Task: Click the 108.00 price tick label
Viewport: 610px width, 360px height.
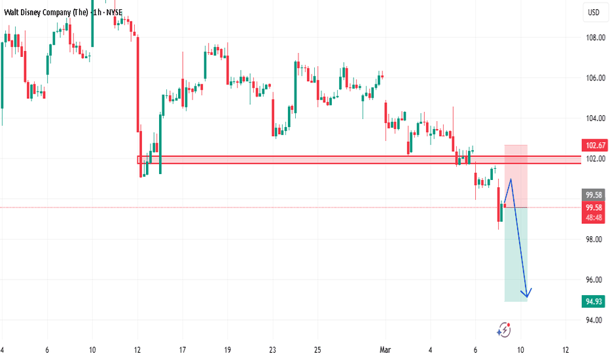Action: (594, 38)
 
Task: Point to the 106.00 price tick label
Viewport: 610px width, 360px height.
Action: (594, 78)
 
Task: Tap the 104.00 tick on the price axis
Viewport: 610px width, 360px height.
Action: (594, 118)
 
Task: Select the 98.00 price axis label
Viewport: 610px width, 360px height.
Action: (594, 240)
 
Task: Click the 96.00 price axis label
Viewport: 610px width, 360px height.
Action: (594, 280)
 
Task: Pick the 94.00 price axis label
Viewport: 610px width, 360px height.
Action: (594, 320)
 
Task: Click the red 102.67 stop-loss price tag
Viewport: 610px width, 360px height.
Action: (594, 145)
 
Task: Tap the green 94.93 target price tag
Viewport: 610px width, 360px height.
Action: (594, 301)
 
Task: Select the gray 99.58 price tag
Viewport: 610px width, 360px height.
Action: (594, 195)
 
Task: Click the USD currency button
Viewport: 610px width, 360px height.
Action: (594, 12)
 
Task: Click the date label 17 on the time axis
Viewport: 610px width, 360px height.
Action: (182, 350)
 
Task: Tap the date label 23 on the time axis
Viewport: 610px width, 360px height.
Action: (272, 350)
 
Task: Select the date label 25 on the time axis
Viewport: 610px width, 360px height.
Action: (317, 350)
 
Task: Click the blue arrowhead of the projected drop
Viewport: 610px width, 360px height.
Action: (529, 293)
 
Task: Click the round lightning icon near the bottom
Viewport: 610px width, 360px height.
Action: (504, 330)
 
